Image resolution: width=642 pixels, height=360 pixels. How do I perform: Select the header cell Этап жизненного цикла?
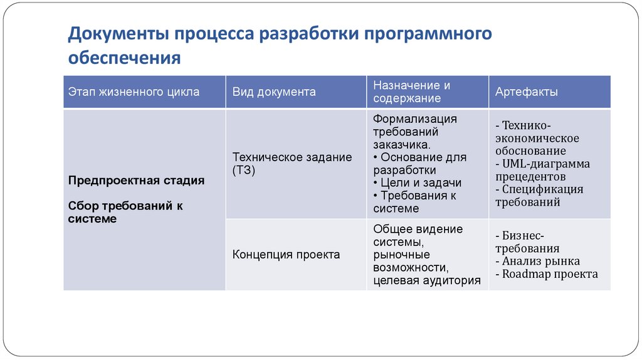(x=134, y=92)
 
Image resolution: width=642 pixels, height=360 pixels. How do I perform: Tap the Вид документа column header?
(x=274, y=92)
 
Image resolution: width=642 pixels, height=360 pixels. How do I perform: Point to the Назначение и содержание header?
(x=412, y=92)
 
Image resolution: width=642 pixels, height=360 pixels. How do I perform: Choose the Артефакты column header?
(x=527, y=92)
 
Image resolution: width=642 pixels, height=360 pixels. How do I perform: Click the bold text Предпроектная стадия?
(x=136, y=181)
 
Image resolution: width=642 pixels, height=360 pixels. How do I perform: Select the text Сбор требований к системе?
(x=125, y=212)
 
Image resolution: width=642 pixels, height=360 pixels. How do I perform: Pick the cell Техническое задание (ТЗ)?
(x=292, y=164)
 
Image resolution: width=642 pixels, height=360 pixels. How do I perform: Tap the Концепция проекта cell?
(x=287, y=255)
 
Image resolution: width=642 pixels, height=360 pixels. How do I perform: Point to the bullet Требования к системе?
(x=414, y=202)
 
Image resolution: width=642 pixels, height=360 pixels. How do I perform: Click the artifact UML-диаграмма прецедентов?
(x=542, y=170)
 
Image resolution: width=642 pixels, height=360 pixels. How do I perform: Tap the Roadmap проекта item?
(x=546, y=274)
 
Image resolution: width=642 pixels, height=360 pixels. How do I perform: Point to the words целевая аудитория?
(x=426, y=280)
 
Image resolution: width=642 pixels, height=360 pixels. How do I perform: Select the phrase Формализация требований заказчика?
(x=414, y=132)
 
